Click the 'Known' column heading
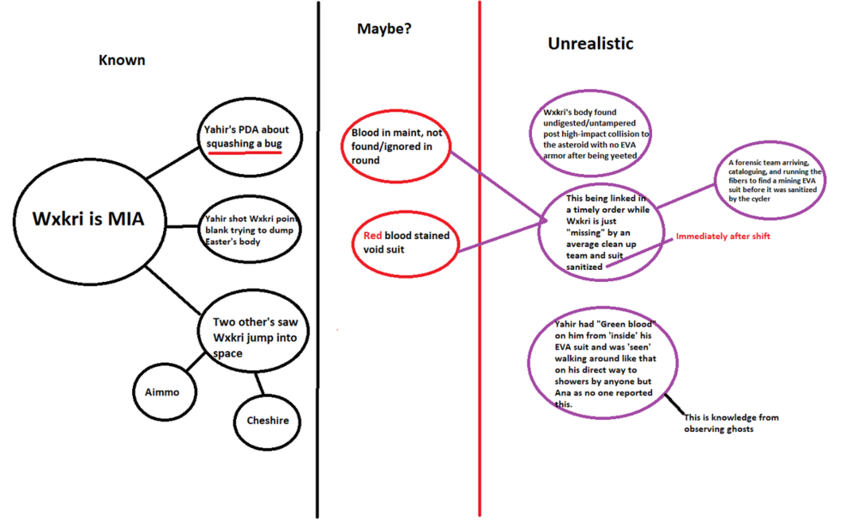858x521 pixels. (121, 61)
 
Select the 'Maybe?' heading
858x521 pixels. (384, 29)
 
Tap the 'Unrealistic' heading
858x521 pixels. (590, 43)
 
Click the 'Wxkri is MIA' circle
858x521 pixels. (88, 219)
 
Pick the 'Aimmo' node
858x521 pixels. (157, 392)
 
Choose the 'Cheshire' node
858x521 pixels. (267, 421)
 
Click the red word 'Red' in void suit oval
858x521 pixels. (372, 236)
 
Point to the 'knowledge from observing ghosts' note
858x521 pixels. (731, 422)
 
